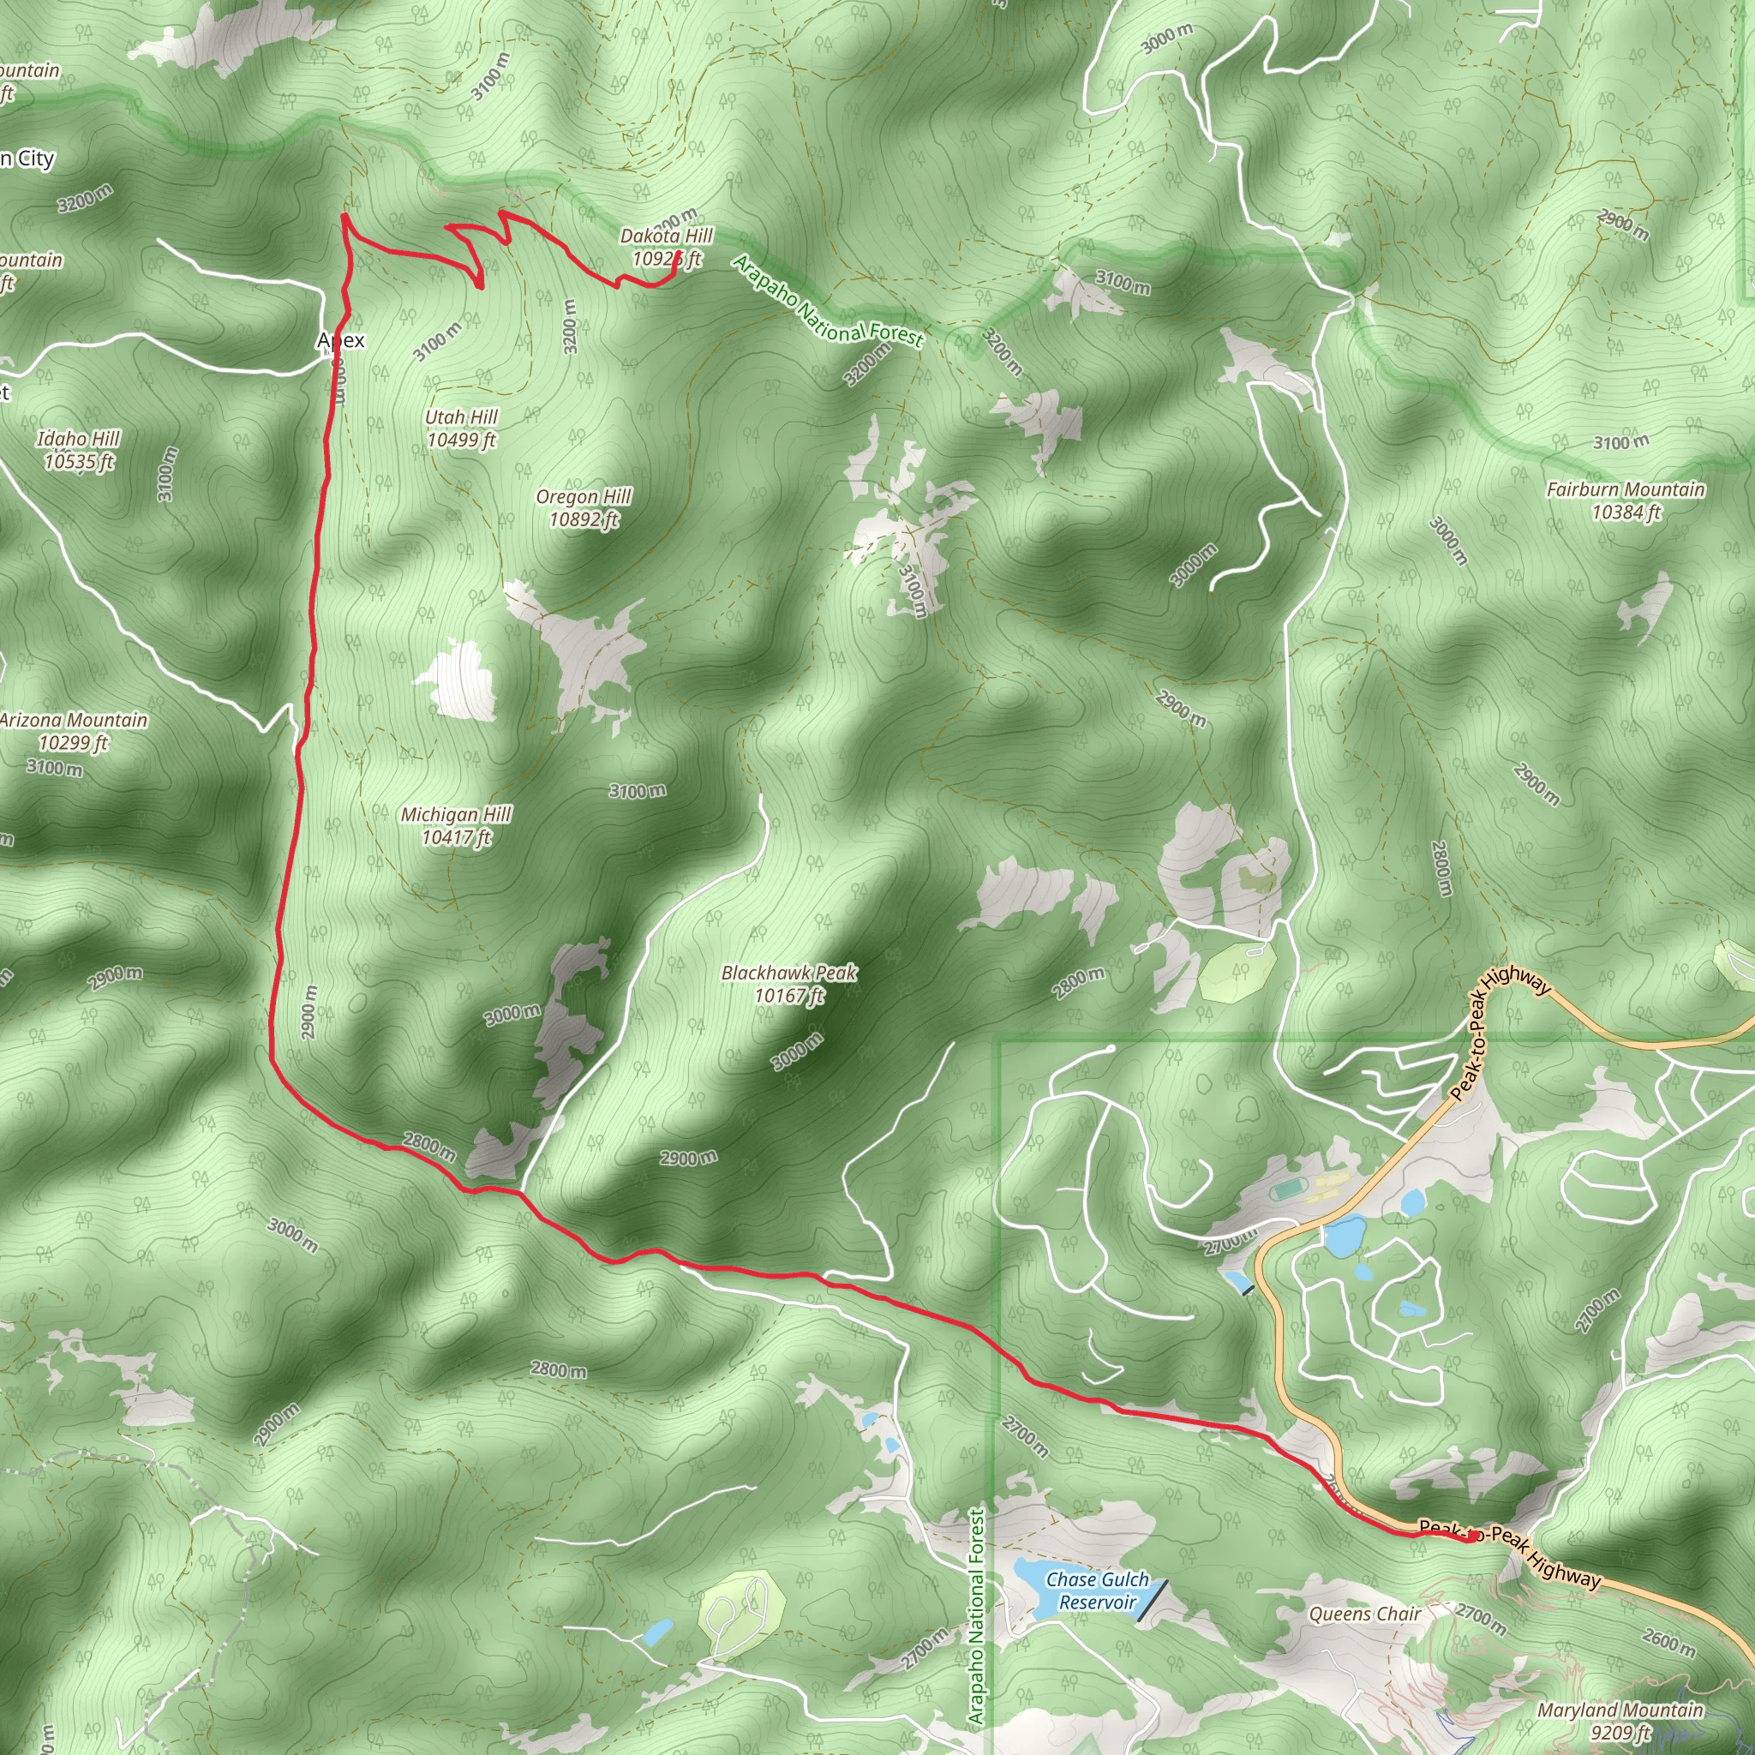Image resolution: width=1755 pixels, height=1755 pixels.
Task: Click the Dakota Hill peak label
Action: tap(666, 247)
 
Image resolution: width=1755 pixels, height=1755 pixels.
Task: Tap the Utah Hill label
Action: tap(462, 428)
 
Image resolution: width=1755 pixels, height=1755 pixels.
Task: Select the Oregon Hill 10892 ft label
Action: tap(584, 508)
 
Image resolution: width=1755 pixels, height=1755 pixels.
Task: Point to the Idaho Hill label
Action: tap(79, 450)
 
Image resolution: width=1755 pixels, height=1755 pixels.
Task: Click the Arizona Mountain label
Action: tap(74, 731)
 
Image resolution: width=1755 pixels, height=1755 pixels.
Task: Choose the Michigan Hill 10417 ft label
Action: tap(456, 826)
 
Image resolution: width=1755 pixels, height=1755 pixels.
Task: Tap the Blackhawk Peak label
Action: tap(788, 984)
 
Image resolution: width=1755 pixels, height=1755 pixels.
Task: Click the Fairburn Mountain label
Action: tap(1625, 500)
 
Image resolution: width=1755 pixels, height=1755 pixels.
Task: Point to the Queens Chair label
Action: tap(1364, 1614)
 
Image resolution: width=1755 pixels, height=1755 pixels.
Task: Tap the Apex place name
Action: tap(341, 341)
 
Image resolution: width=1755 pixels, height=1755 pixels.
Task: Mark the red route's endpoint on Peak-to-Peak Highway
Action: tap(1469, 1538)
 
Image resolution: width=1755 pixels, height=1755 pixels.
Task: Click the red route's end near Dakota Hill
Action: tap(679, 253)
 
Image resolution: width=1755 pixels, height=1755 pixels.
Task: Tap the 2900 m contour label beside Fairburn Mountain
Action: tap(1537, 785)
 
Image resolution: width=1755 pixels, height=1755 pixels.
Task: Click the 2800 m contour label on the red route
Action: tap(429, 1147)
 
